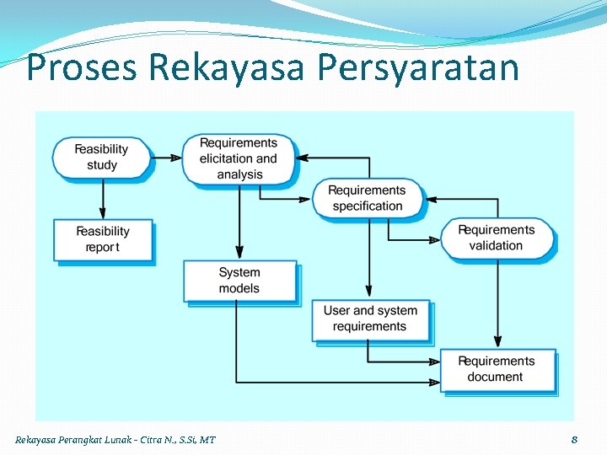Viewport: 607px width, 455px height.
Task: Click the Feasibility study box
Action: [102, 158]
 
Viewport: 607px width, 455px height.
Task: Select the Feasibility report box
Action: [103, 239]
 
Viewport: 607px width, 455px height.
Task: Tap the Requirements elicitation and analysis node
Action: [239, 158]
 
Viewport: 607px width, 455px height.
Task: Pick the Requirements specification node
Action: [367, 198]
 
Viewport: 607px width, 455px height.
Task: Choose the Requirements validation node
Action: [496, 238]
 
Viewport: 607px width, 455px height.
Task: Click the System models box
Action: [239, 281]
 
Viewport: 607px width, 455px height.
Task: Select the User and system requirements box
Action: [369, 318]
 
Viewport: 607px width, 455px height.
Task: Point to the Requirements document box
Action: [496, 369]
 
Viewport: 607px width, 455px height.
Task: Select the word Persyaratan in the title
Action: [418, 68]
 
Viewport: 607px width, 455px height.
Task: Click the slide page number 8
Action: [574, 439]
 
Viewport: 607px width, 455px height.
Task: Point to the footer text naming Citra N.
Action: [160, 440]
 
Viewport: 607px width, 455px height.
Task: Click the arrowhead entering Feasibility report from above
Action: [103, 213]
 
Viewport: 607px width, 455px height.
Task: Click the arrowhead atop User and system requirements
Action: [368, 292]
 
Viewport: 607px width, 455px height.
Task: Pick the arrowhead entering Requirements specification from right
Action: [431, 199]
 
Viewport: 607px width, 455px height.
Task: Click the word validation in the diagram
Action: [496, 246]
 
